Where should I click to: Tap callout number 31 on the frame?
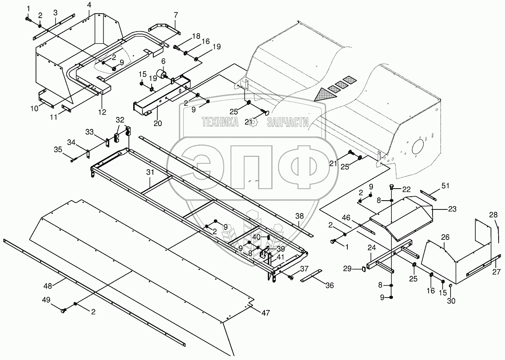click(150, 173)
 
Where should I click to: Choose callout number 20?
click(158, 123)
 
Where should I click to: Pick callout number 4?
click(89, 5)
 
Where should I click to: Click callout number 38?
click(300, 216)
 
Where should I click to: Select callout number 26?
click(445, 237)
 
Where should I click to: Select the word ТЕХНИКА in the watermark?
click(220, 122)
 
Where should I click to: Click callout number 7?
click(175, 15)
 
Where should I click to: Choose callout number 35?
click(58, 149)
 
